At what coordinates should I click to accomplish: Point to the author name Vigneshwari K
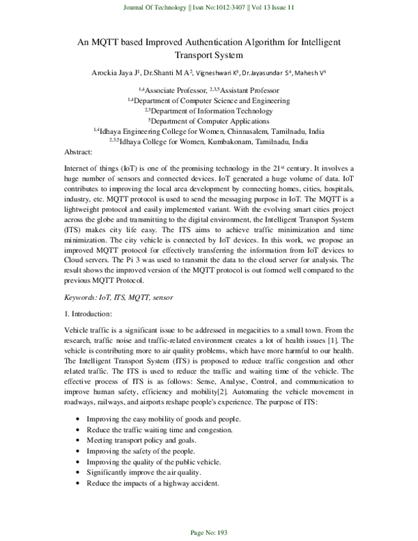pyautogui.click(x=213, y=72)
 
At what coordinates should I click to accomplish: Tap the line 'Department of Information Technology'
pyautogui.click(x=210, y=110)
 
